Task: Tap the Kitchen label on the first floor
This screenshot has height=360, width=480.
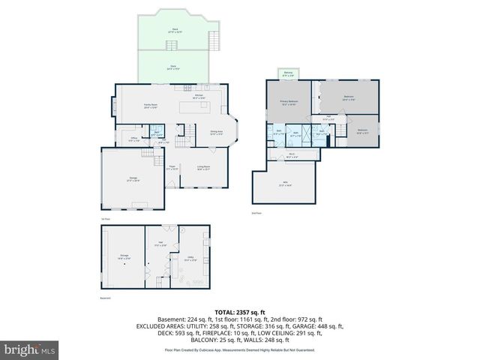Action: [199, 97]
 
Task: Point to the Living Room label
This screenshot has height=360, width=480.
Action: [203, 168]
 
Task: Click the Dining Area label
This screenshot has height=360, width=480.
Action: [216, 132]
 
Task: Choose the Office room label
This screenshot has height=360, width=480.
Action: [133, 139]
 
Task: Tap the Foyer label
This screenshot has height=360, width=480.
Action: [172, 168]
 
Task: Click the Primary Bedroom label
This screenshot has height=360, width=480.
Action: [289, 103]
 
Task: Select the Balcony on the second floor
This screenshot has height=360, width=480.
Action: [288, 73]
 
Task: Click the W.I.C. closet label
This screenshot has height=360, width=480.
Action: [292, 156]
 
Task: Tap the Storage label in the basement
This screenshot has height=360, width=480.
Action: [124, 256]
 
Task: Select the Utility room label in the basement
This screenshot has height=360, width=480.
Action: [191, 259]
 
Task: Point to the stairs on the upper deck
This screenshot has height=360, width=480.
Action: [215, 37]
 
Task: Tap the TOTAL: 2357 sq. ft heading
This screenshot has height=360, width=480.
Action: [240, 312]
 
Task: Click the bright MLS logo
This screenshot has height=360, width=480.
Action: [30, 349]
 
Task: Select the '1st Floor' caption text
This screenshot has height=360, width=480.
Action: [106, 219]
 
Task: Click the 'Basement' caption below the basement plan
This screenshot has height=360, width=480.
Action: [106, 298]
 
